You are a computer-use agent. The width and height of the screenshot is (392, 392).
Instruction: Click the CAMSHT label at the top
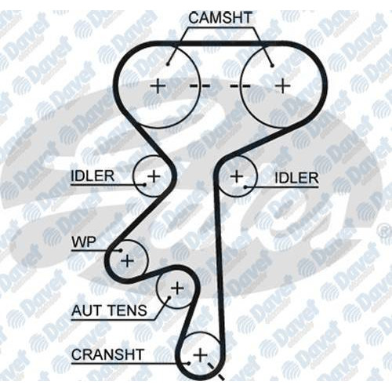pyautogui.click(x=220, y=18)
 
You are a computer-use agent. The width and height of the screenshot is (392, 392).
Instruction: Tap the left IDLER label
pyautogui.click(x=93, y=176)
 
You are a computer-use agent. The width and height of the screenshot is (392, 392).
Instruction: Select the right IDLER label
pyautogui.click(x=296, y=178)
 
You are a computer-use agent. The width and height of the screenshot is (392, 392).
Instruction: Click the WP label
pyautogui.click(x=84, y=242)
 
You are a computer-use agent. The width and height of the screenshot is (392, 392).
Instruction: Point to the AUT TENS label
pyautogui.click(x=109, y=310)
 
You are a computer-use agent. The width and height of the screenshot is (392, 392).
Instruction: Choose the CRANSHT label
pyautogui.click(x=107, y=354)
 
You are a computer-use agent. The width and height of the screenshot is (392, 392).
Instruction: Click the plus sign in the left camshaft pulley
pyautogui.click(x=158, y=86)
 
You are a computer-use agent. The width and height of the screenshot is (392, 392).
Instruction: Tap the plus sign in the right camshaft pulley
pyautogui.click(x=283, y=85)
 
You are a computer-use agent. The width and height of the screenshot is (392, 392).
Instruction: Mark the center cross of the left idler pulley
pyautogui.click(x=154, y=176)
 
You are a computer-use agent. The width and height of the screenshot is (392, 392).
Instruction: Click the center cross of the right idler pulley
pyautogui.click(x=237, y=176)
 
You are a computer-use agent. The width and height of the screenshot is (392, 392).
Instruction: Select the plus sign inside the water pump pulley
pyautogui.click(x=128, y=260)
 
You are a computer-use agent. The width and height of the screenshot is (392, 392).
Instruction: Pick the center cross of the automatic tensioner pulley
pyautogui.click(x=177, y=289)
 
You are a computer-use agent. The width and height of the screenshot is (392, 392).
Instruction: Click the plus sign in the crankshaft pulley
pyautogui.click(x=201, y=355)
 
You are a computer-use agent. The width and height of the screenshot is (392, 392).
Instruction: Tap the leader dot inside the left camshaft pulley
pyautogui.click(x=168, y=64)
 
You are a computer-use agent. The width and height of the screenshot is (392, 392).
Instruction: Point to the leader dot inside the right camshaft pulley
pyautogui.click(x=273, y=65)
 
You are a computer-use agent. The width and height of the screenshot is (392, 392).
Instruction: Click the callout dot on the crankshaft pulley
pyautogui.click(x=188, y=363)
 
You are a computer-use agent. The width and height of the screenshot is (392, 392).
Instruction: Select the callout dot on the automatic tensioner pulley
pyautogui.click(x=169, y=297)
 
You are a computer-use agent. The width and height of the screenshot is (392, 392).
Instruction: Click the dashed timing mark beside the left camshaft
pyautogui.click(x=200, y=86)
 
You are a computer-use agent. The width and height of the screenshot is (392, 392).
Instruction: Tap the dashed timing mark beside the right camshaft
pyautogui.click(x=240, y=86)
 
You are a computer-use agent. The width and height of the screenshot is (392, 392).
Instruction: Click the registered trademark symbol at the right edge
pyautogui.click(x=385, y=232)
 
